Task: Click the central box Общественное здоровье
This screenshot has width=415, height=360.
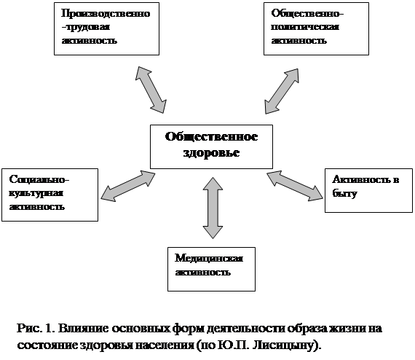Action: [211, 146]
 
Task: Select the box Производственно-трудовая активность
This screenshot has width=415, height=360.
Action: [106, 29]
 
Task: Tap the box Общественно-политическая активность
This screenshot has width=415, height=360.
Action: [316, 29]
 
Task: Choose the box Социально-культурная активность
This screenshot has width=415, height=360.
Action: [50, 195]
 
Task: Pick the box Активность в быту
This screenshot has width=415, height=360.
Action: [368, 190]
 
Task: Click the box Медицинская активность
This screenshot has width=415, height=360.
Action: [211, 269]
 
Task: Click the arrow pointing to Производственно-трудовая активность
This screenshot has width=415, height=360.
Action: [151, 90]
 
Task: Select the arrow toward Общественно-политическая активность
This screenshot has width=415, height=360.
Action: [282, 91]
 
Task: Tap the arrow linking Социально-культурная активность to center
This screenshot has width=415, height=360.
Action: [128, 187]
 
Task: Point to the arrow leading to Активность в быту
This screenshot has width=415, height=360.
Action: [295, 186]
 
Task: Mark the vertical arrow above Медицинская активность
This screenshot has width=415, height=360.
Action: [213, 208]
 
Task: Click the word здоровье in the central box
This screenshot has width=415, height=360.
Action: [211, 153]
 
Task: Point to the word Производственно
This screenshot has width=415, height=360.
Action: [106, 13]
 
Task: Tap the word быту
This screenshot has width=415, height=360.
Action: [344, 193]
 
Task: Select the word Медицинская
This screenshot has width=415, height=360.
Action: [209, 258]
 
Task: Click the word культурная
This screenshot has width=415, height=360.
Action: [36, 193]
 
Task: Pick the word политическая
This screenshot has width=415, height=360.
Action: [305, 27]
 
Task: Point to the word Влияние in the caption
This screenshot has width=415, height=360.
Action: [84, 329]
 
